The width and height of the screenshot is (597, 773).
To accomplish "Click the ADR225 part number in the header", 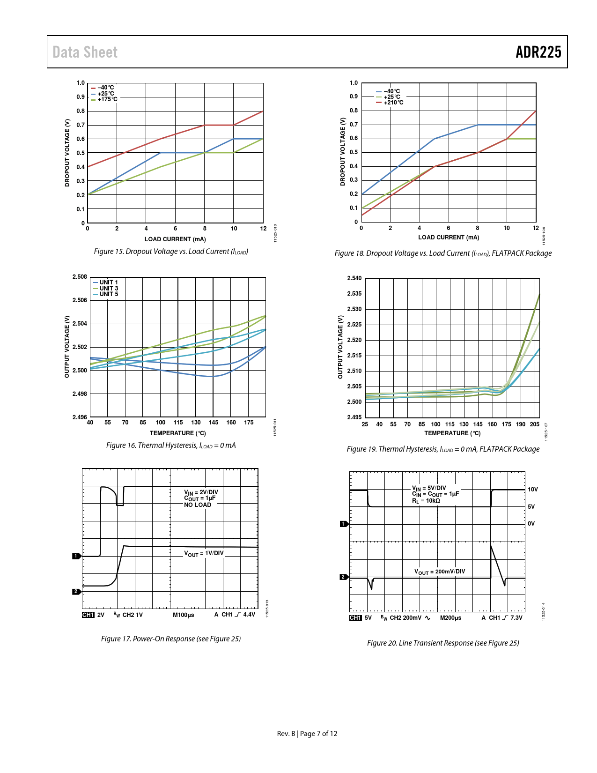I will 538,52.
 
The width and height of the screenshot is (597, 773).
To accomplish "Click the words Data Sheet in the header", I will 85,52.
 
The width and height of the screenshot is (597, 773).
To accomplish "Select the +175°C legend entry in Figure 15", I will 107,99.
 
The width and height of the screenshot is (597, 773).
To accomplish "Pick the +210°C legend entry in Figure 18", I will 393,103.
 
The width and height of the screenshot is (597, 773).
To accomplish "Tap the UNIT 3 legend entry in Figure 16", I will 109,289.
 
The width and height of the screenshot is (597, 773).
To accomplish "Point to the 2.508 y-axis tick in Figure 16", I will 80,277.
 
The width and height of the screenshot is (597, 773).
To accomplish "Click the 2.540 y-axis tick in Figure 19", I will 354,278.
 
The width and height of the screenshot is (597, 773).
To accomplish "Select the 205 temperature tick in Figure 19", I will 534,424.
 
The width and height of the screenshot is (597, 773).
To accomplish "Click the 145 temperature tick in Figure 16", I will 214,423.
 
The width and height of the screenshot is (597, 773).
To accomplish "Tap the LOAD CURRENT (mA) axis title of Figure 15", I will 175,239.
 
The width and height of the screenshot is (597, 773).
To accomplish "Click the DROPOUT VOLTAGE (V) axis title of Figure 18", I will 342,152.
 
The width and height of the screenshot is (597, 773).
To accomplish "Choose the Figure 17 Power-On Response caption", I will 171,639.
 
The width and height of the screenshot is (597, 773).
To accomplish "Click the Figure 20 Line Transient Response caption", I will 443,643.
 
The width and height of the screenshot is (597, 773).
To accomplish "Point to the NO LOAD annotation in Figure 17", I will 198,505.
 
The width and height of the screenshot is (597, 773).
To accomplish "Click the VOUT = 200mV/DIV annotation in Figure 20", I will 440,572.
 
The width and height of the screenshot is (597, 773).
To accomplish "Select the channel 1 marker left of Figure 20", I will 344,524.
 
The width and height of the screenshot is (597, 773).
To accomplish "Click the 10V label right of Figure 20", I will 533,490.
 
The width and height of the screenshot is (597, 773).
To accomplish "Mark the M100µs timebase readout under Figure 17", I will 184,615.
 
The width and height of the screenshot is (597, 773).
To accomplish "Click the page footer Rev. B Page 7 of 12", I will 307,734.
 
